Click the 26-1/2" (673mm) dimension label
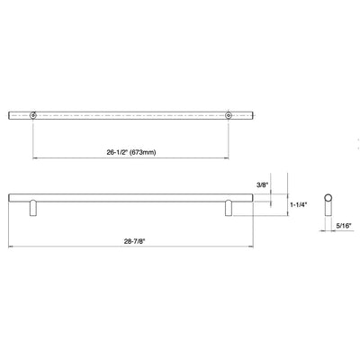pos(131,152)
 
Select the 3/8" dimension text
pos(262,185)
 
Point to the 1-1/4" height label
pos(299,204)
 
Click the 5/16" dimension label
pos(343,226)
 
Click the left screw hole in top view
pos(32,115)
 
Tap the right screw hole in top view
pos(229,115)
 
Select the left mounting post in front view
pos(33,208)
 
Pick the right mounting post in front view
pos(229,208)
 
